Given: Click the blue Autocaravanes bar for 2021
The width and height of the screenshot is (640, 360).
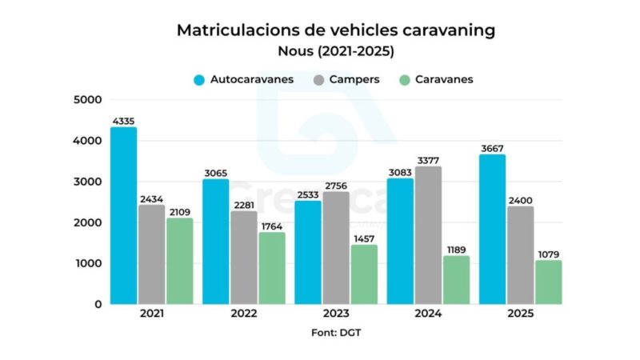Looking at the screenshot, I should click(x=123, y=216).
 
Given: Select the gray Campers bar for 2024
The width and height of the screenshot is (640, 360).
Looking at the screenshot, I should click(x=427, y=235).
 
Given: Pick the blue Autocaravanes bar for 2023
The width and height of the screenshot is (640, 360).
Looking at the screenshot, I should click(x=307, y=252).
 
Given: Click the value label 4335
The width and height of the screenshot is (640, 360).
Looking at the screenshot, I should click(x=123, y=121).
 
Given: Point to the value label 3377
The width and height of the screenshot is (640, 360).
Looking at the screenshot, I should click(x=428, y=160).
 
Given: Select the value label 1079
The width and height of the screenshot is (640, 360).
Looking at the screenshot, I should click(x=548, y=254).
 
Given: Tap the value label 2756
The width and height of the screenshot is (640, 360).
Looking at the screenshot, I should click(x=336, y=186).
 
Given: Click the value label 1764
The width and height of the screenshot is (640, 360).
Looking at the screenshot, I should click(x=272, y=226).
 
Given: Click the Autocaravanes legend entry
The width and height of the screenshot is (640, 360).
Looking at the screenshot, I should click(x=243, y=79).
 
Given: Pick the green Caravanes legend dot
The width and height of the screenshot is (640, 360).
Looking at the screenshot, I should click(x=405, y=80).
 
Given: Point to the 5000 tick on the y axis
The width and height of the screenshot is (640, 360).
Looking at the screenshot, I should click(x=87, y=100).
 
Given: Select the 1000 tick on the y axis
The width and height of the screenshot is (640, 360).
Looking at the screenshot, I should click(x=87, y=264).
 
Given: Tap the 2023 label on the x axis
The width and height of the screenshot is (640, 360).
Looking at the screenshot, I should click(x=336, y=314).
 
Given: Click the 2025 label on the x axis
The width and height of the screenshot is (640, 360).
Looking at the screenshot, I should click(x=520, y=314).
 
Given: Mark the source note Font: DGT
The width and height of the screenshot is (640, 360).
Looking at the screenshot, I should click(x=335, y=331).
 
